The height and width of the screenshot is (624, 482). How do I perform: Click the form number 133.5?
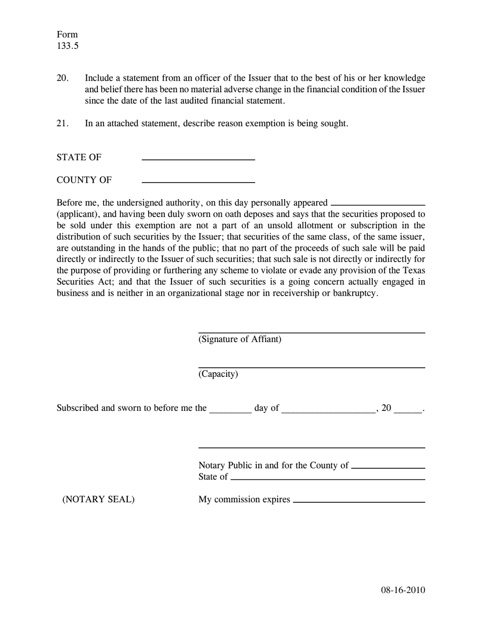point(67,46)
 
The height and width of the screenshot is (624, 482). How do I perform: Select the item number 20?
point(62,78)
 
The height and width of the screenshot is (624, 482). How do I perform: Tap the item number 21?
point(62,123)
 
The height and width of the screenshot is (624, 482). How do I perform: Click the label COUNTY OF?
point(84,180)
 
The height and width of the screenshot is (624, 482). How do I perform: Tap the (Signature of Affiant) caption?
point(239,339)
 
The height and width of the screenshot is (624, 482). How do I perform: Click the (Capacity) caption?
point(218,374)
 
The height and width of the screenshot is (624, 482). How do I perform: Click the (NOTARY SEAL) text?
point(98,500)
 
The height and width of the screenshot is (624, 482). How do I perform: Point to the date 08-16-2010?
point(403,590)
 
